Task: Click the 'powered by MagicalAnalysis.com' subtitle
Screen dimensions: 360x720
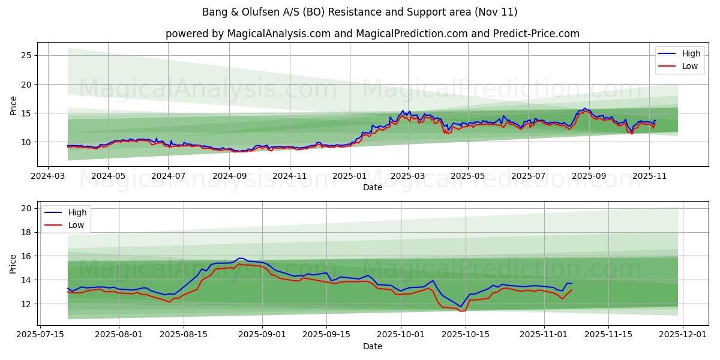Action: point(372,34)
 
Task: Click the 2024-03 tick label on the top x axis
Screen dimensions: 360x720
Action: point(47,177)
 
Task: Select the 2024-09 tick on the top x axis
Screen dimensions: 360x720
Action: point(230,177)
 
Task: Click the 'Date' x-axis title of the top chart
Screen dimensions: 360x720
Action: point(372,187)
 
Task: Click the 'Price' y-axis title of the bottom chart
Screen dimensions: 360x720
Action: point(13,263)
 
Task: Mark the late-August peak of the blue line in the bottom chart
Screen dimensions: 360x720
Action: point(239,258)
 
